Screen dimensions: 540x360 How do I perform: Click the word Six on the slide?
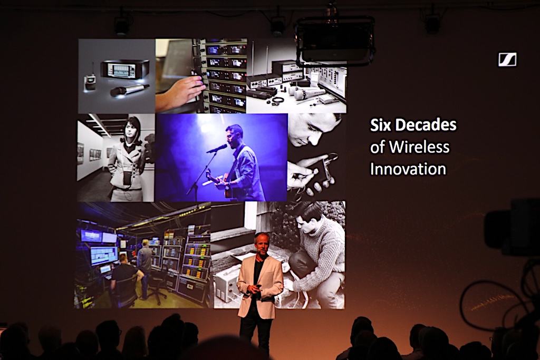381,125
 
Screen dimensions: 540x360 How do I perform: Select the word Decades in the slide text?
426,125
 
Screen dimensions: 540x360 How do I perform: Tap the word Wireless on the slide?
419,147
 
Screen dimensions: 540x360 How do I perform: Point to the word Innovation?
408,169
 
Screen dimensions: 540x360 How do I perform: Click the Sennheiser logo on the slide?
507,60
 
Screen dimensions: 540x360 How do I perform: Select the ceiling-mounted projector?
335,41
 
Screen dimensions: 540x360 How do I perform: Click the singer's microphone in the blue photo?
217,148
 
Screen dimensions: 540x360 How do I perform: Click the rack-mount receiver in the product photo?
124,69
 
